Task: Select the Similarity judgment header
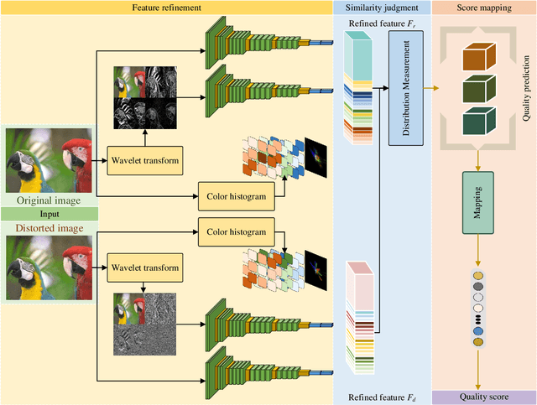(382, 8)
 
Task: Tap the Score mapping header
(483, 8)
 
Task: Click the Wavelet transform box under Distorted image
(143, 267)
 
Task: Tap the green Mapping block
(476, 202)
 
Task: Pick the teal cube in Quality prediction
(477, 121)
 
